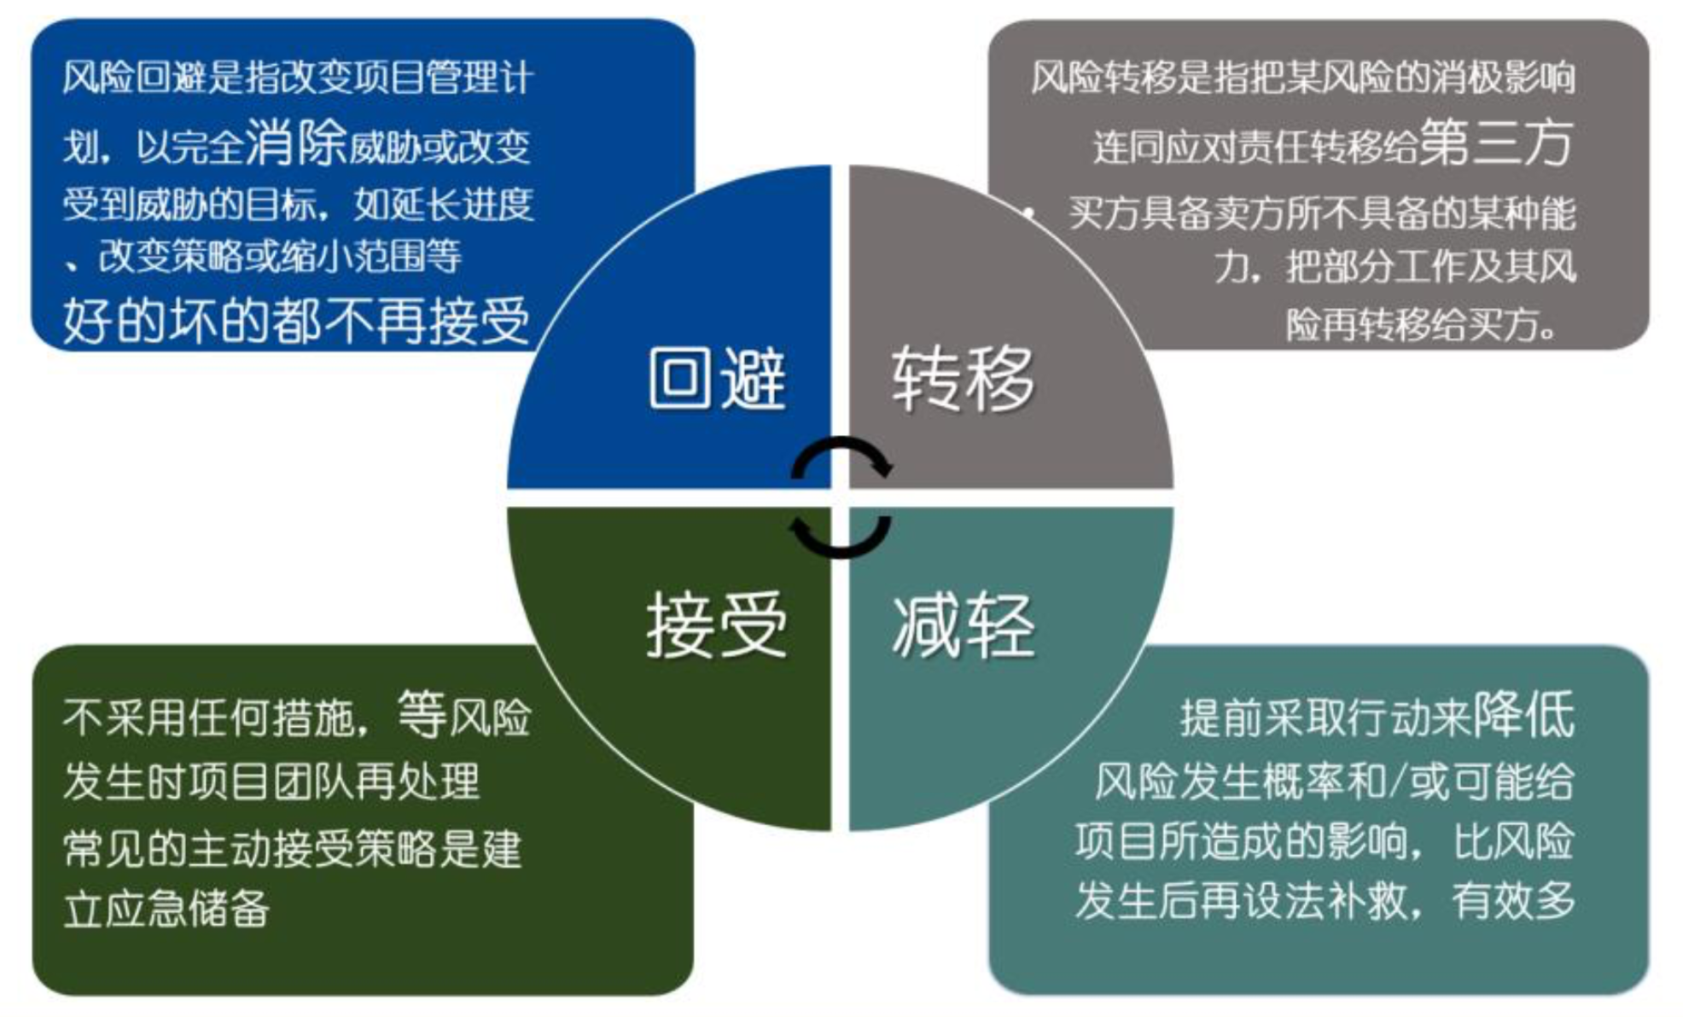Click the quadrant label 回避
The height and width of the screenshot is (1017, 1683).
[x=716, y=379]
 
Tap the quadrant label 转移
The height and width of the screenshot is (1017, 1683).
[x=963, y=379]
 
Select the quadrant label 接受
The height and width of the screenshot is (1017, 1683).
[x=716, y=625]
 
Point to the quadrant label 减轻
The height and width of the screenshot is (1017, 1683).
[x=964, y=625]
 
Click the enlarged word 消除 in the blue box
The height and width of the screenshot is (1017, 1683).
[x=296, y=142]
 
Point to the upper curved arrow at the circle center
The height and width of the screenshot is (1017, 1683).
[x=841, y=457]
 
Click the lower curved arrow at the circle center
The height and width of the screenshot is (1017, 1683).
[x=840, y=536]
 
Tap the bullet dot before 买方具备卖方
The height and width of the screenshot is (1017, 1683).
[x=1031, y=213]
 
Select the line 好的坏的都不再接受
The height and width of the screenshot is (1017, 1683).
[x=296, y=322]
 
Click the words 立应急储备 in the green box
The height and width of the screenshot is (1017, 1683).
[x=166, y=909]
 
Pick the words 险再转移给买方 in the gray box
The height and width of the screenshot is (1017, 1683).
[x=1421, y=324]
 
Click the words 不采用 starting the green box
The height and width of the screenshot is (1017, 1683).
[x=124, y=718]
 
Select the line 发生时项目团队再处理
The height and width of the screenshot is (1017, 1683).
[x=271, y=782]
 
